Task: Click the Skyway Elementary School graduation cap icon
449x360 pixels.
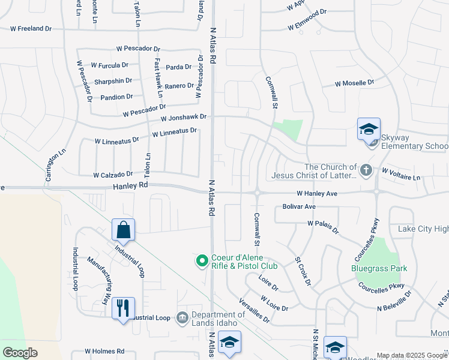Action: [369, 129]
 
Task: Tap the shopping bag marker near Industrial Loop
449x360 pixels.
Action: [123, 230]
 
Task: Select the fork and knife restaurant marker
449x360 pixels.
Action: [123, 308]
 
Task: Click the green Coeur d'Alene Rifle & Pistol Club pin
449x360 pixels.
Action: [202, 260]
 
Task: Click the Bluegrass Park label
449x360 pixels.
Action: [381, 268]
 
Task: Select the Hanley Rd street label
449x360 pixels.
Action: [130, 187]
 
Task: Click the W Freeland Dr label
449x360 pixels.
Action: [31, 28]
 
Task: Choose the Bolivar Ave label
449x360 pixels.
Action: [299, 206]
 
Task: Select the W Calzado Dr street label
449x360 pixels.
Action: [113, 175]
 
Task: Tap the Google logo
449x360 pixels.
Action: [20, 353]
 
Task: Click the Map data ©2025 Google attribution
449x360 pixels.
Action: [411, 355]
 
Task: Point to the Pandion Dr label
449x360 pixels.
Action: [117, 97]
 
